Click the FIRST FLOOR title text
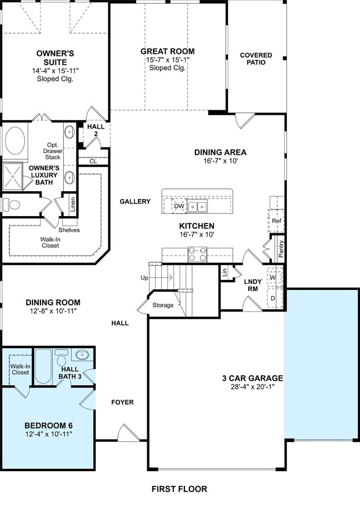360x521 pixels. [179, 489]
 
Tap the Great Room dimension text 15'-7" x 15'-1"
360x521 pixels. [167, 60]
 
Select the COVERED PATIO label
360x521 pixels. [256, 59]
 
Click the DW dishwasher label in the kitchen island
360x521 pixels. [179, 206]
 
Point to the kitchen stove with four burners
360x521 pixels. [197, 255]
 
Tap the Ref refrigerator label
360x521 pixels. [276, 221]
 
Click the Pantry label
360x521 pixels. [281, 249]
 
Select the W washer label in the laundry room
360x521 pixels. [272, 277]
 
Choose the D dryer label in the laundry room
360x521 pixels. [272, 298]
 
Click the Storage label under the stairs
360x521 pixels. [163, 305]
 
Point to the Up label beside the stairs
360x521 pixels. [145, 278]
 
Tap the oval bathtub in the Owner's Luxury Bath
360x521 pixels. [16, 141]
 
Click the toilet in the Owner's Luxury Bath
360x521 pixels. [11, 205]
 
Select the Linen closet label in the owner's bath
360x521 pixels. [73, 204]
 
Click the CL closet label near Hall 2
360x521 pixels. [93, 161]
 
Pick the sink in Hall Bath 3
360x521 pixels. [81, 355]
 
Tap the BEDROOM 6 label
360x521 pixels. [49, 425]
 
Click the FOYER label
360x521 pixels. [122, 402]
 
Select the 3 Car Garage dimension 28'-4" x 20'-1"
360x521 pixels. [253, 387]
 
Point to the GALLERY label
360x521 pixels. [135, 201]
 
